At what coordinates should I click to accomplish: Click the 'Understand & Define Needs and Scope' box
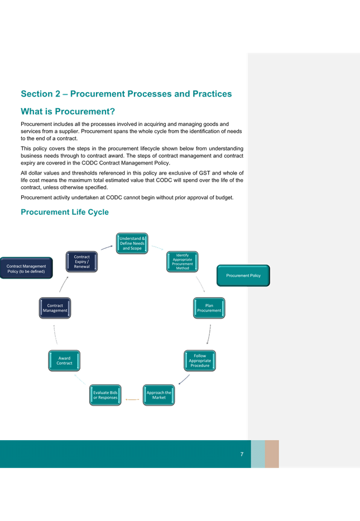pos(132,243)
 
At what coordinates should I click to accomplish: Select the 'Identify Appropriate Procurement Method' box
pos(182,262)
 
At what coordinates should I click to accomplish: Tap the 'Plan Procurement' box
pos(209,308)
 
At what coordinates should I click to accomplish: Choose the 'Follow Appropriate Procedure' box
pos(200,360)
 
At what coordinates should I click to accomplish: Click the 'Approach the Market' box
pos(159,395)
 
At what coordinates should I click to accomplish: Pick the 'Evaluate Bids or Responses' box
pos(105,395)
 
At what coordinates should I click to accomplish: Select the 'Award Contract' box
pos(64,360)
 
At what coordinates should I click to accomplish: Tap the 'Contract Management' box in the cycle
pos(55,308)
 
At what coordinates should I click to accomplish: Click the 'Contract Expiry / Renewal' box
pos(82,262)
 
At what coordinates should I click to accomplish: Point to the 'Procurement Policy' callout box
pos(243,276)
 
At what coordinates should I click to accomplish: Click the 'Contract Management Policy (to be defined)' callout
pos(26,268)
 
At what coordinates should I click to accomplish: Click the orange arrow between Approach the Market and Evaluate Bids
pos(132,399)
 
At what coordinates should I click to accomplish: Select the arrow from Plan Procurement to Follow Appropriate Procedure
pos(209,334)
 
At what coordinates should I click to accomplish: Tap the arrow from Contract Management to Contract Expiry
pos(63,284)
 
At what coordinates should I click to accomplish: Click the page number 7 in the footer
pos(242,454)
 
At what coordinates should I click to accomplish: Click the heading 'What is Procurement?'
pos(68,112)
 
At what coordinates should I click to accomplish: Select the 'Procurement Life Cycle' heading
pos(65,212)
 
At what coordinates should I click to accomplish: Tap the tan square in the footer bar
pos(272,454)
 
